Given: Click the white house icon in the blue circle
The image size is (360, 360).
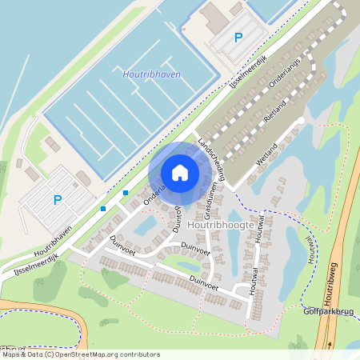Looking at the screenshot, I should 180,173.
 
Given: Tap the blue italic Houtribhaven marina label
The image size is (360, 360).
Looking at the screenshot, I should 151,74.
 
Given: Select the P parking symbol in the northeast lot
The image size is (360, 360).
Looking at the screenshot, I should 238,38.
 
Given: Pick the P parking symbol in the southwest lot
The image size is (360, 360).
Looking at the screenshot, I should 57,200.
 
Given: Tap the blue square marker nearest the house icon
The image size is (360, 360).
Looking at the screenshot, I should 126,192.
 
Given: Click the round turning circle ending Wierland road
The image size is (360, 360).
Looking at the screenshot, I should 301,121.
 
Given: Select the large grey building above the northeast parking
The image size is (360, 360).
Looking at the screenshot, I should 215,18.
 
